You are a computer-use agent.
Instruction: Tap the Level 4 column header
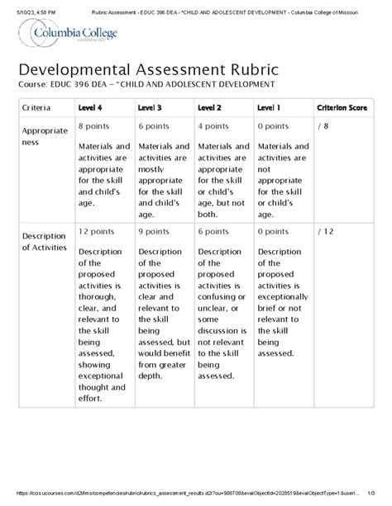pyautogui.click(x=89, y=108)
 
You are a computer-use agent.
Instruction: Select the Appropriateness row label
pyautogui.click(x=40, y=135)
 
